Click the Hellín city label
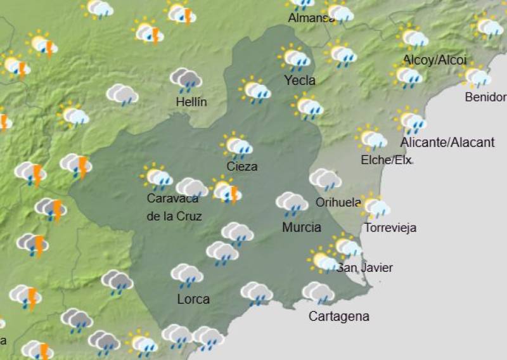[191, 102]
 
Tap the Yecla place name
[300, 80]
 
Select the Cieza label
[242, 167]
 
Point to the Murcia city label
[302, 227]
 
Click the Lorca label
[193, 299]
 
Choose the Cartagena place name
[338, 316]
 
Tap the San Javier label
[365, 268]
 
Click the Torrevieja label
[390, 228]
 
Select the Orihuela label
[338, 203]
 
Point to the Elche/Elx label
[385, 160]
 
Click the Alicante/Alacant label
[447, 142]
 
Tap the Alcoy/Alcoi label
[435, 60]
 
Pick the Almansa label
[311, 18]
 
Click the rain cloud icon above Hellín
[186, 80]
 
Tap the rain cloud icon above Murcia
[292, 203]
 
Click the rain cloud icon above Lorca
[186, 275]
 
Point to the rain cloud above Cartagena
[318, 293]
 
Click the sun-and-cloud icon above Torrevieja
[374, 207]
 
